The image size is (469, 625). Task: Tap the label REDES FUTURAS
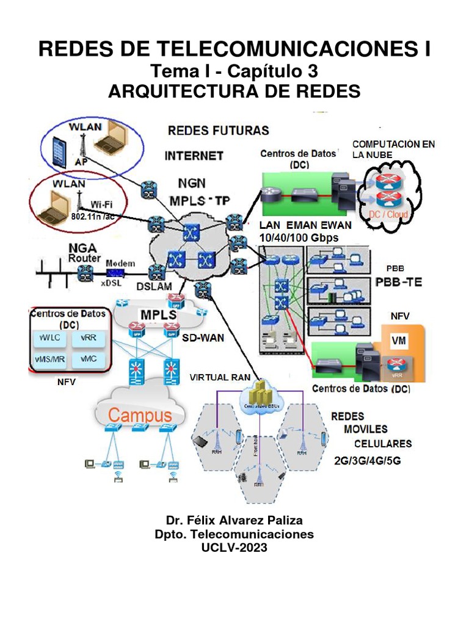click(x=218, y=131)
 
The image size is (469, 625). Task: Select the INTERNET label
click(x=194, y=156)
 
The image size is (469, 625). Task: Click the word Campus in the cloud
click(x=140, y=416)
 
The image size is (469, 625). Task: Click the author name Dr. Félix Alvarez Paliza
click(x=234, y=520)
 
